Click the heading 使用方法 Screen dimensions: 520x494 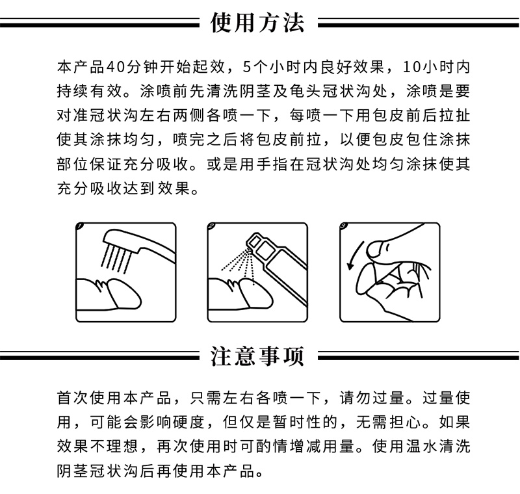tap(257, 23)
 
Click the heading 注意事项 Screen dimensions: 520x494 tap(257, 356)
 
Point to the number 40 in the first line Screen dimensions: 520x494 tap(115, 67)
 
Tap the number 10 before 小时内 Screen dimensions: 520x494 tap(411, 67)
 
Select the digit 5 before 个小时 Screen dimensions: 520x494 tap(247, 67)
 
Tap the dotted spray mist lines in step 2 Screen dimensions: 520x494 tap(238, 265)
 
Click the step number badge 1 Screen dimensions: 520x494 tap(80, 226)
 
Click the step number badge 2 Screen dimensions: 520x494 tap(212, 226)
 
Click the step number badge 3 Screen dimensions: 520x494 tap(344, 226)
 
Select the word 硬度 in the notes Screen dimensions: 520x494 tap(189, 422)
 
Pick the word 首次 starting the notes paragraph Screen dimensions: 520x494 tap(73, 398)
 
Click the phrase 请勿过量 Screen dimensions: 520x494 tap(372, 398)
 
